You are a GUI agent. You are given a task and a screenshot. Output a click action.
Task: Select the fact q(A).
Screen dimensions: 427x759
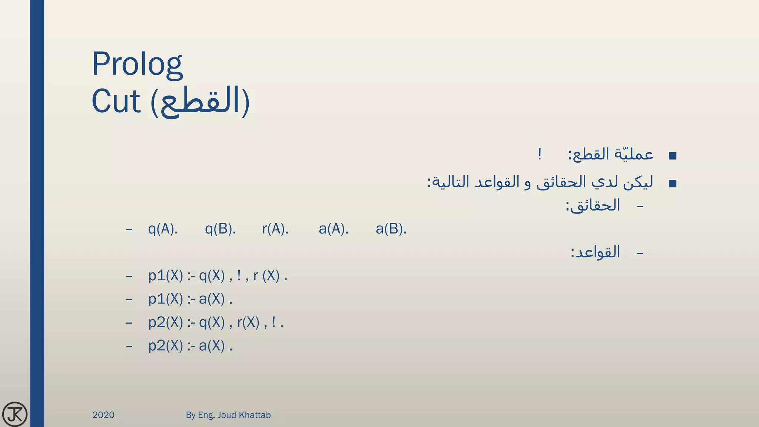(x=163, y=229)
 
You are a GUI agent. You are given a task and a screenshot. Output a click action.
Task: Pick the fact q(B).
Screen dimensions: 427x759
(x=220, y=229)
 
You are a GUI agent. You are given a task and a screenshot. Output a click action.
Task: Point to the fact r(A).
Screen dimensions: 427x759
(x=275, y=229)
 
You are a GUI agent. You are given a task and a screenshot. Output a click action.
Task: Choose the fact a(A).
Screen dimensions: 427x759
(x=333, y=229)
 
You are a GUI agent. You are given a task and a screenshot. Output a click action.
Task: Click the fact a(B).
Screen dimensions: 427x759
(x=391, y=229)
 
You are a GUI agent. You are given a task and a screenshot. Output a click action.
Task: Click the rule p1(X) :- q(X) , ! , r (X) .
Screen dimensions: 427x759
(x=218, y=276)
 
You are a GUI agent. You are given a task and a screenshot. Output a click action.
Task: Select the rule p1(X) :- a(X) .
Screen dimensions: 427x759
(x=190, y=299)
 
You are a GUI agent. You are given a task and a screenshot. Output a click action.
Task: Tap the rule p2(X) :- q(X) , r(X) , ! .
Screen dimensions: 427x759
(x=216, y=322)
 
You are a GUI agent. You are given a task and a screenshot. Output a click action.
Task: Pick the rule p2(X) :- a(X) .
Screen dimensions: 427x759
(x=190, y=346)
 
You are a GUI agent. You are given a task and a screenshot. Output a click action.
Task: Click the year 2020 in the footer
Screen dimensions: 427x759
(x=103, y=415)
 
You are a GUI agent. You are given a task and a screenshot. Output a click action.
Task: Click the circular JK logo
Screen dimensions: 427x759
(x=15, y=414)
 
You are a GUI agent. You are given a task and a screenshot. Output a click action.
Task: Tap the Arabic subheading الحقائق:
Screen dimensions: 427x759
(x=593, y=205)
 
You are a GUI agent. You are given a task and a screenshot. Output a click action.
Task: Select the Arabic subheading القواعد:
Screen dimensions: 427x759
(x=595, y=252)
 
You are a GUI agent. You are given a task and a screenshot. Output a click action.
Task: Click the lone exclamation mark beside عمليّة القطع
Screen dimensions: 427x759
(x=540, y=154)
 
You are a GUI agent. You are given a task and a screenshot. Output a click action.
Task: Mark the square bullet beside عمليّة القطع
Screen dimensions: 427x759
(x=673, y=156)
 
